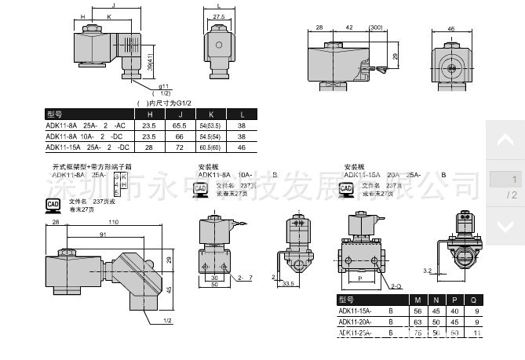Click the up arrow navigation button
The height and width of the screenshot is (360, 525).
click(x=505, y=141)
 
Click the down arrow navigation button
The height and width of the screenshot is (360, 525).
click(x=505, y=227)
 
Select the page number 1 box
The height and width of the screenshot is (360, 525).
click(x=505, y=180)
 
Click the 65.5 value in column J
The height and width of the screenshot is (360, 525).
click(x=180, y=125)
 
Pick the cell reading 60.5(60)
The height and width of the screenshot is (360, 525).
click(x=210, y=147)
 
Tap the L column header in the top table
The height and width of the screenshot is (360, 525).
click(x=242, y=115)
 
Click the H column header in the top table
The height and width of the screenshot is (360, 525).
click(x=149, y=115)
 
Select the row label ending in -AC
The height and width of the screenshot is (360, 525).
click(x=86, y=125)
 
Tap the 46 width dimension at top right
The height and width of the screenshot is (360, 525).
click(x=450, y=28)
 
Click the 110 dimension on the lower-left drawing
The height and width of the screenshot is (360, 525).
click(x=115, y=224)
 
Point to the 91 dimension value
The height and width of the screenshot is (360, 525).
click(x=104, y=235)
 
